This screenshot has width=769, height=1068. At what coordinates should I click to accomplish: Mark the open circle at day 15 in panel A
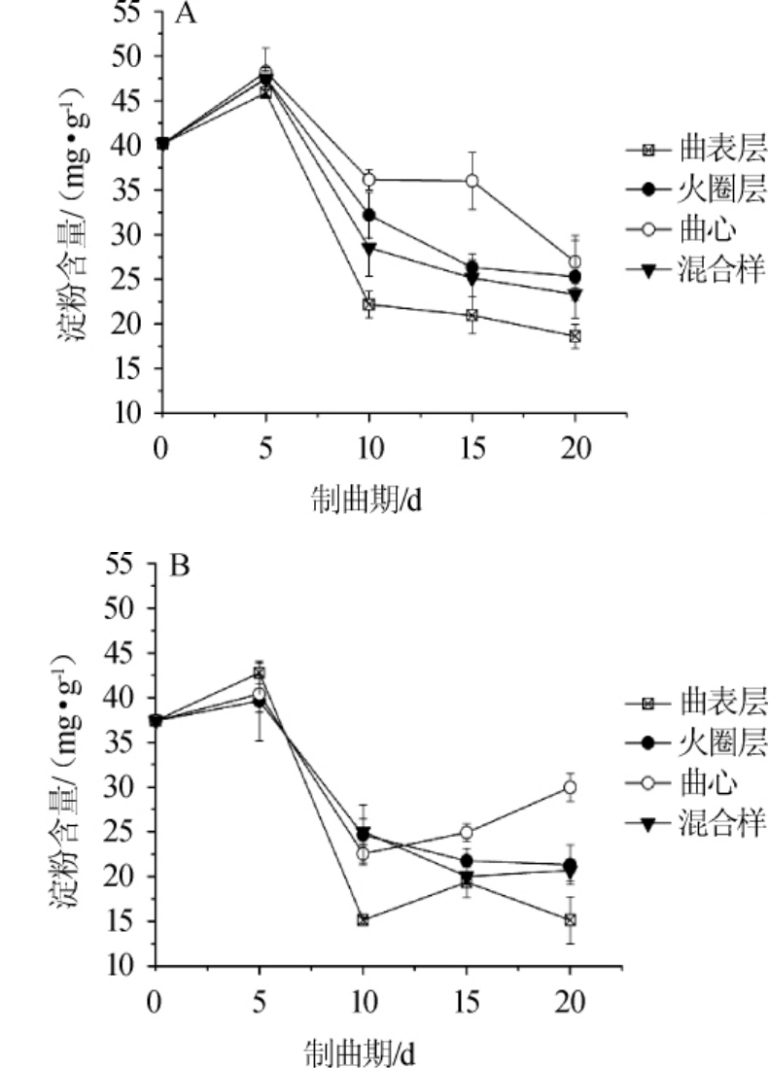pos(472,182)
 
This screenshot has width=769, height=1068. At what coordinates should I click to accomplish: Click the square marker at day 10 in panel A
pos(368,304)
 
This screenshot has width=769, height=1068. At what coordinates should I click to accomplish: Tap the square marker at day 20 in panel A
pos(575,336)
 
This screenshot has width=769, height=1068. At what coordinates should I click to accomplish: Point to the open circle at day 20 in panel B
pos(570,787)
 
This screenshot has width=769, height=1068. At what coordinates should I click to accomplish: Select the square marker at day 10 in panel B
pos(362,919)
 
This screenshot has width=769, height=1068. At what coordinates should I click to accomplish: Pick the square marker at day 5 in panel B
pos(259,673)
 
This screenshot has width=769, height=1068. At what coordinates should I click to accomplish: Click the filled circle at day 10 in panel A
pos(368,216)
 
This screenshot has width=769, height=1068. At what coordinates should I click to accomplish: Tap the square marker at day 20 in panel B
pos(570,919)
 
